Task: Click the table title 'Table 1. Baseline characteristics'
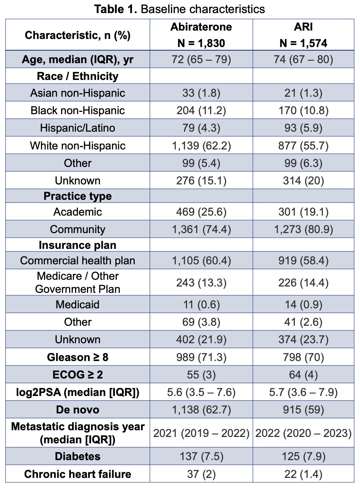coord(179,9)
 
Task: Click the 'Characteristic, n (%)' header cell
coord(78,35)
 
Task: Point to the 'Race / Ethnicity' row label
coord(78,76)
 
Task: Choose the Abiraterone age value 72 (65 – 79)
coord(201,59)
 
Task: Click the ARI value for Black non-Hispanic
coord(303,110)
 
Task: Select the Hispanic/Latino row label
coord(78,128)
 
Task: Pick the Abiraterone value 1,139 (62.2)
coord(201,146)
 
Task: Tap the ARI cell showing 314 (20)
coord(303,181)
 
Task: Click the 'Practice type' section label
coord(78,196)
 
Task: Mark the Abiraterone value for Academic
coord(201,212)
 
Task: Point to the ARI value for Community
coord(303,229)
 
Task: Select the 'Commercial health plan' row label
coord(78,260)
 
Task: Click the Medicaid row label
coord(78,304)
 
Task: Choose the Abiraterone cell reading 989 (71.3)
coord(201,357)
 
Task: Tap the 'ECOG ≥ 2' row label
coord(78,374)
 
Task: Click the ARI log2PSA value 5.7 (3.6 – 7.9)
coord(303,392)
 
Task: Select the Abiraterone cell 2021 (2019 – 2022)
coord(201,433)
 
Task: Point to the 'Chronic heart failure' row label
coord(78,474)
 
